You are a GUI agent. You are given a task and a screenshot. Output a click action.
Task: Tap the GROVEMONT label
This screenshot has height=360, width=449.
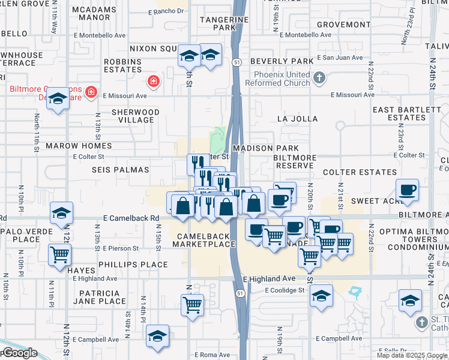(x=335, y=25)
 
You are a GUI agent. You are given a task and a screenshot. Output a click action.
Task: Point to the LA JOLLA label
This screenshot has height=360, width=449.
(x=297, y=119)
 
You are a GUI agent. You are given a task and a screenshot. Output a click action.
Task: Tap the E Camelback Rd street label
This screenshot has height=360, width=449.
(x=131, y=218)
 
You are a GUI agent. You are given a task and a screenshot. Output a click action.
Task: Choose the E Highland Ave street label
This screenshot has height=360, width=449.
(x=270, y=279)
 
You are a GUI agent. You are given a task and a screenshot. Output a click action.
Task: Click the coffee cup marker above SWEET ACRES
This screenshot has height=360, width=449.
(x=408, y=190)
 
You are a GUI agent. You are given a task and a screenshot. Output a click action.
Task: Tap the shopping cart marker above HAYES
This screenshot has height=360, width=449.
(x=59, y=254)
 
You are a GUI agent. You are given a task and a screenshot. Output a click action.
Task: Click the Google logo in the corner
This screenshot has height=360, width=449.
(x=19, y=353)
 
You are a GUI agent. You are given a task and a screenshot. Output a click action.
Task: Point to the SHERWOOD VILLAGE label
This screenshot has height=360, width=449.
(x=136, y=116)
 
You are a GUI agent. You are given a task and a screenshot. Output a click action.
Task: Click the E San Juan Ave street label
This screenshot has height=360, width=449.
(x=340, y=58)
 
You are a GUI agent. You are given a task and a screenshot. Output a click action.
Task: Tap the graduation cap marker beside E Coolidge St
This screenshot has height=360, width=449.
(x=322, y=296)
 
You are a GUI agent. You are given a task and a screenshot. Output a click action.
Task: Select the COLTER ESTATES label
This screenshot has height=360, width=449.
(x=352, y=172)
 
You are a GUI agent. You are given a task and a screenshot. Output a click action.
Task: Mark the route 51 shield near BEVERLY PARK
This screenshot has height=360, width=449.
(x=238, y=61)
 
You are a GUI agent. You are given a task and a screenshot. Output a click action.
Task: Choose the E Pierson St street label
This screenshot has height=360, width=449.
(x=121, y=248)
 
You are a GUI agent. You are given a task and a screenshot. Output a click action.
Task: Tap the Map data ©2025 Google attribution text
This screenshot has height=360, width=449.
(x=412, y=355)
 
